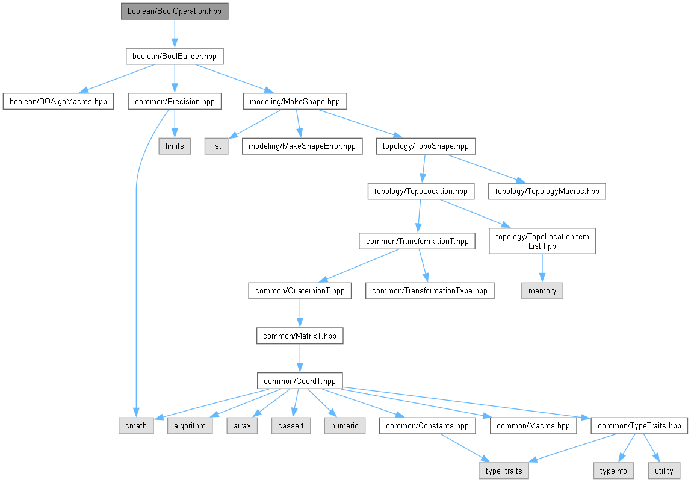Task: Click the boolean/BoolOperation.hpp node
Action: click(x=175, y=11)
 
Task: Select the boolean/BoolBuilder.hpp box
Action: click(x=175, y=57)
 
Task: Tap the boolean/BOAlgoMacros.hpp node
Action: click(x=58, y=101)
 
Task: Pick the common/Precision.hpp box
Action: click(x=175, y=101)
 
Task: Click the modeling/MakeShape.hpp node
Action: click(x=295, y=101)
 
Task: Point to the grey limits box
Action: click(x=175, y=146)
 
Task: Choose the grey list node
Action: click(x=217, y=146)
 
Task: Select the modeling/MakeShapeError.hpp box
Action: click(x=302, y=146)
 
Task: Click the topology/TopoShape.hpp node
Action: click(x=426, y=146)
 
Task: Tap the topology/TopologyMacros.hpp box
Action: click(x=547, y=192)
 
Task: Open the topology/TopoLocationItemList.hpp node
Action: click(x=542, y=241)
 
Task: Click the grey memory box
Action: click(x=542, y=291)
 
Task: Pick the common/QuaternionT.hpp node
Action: click(x=300, y=291)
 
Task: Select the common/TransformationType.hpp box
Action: click(x=430, y=291)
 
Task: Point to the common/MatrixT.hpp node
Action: click(x=300, y=336)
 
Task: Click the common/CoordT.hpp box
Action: click(x=300, y=381)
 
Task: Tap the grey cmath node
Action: click(x=136, y=426)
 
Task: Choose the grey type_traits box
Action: click(x=504, y=471)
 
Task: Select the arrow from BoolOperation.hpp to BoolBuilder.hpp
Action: click(x=175, y=34)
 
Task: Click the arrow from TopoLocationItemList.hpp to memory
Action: click(x=542, y=268)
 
